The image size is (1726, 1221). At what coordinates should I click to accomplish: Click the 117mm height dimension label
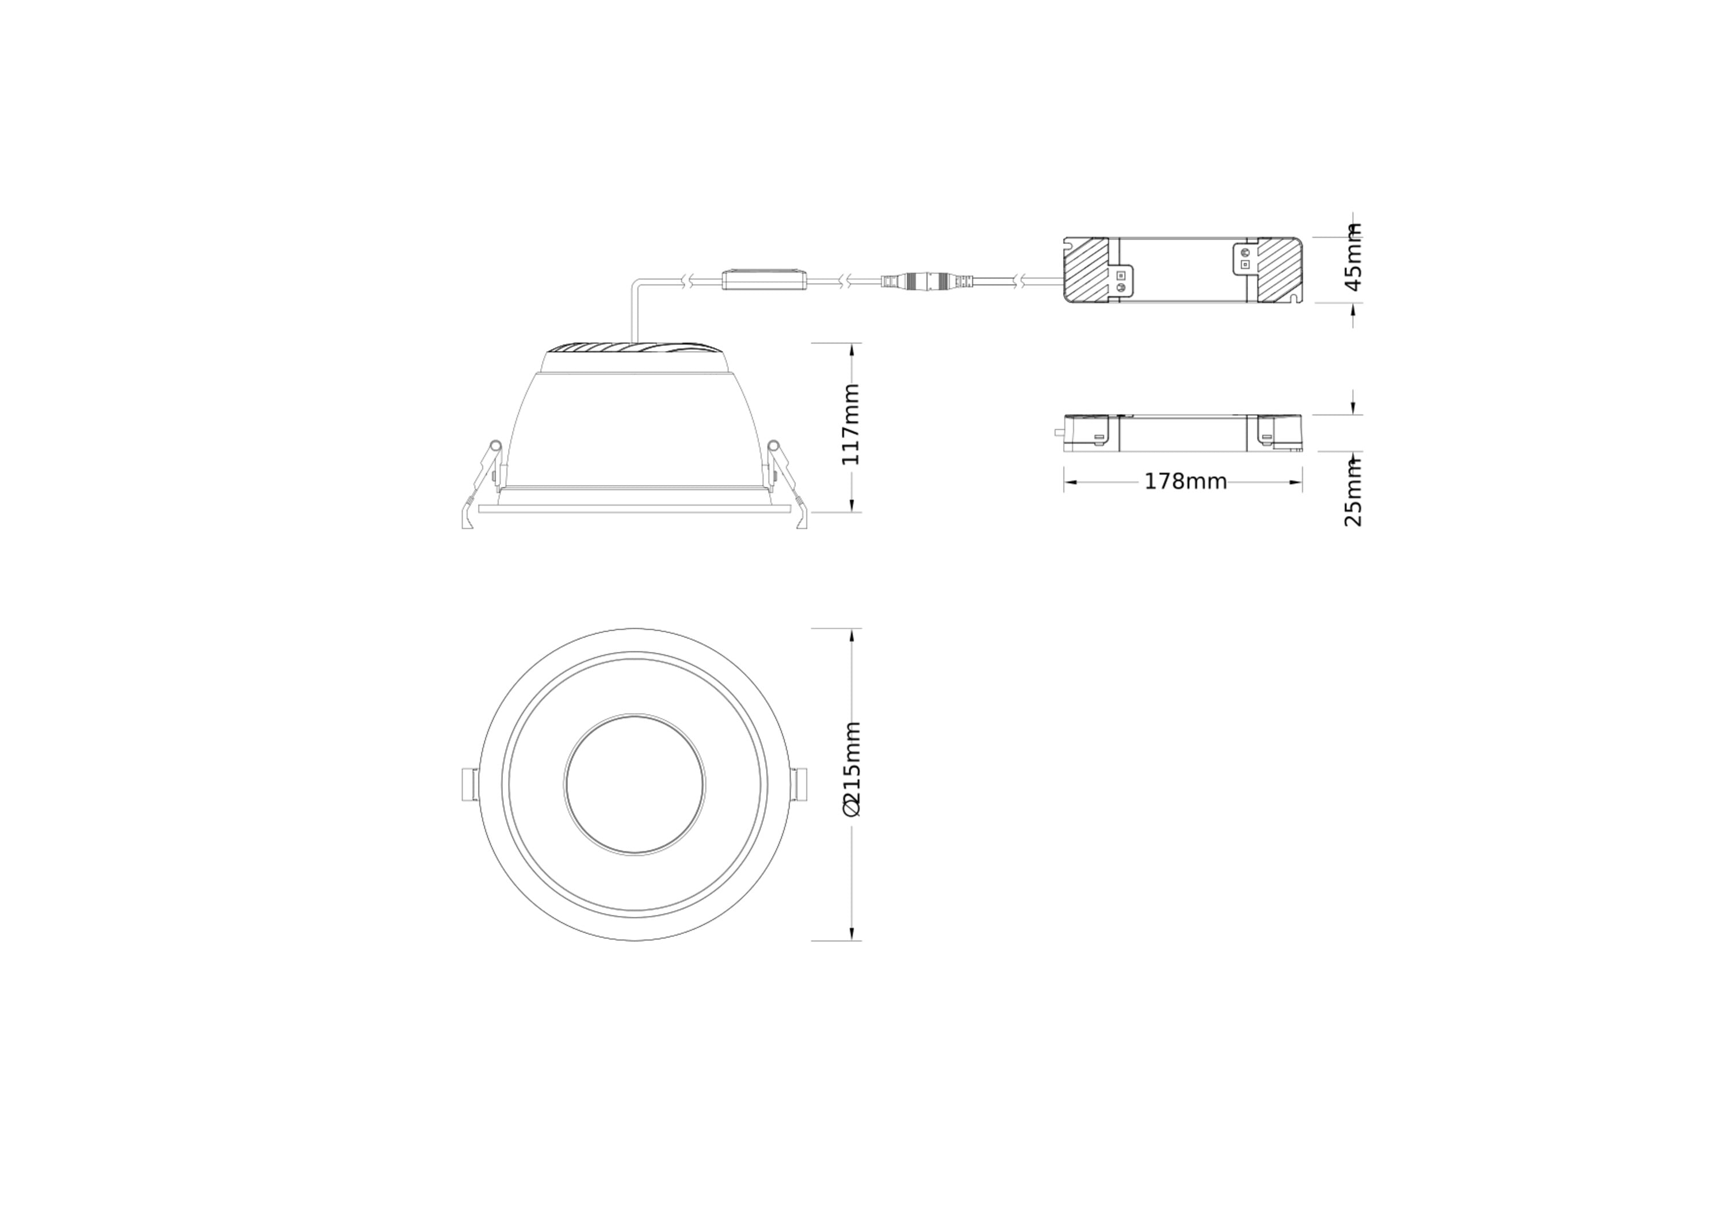coord(850,424)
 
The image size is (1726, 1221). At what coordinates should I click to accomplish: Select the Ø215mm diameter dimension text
coord(851,768)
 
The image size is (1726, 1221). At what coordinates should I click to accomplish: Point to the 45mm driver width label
coord(1353,257)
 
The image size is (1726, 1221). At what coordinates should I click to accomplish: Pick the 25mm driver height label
coord(1353,493)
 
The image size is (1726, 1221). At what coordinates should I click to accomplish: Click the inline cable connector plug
coord(927,282)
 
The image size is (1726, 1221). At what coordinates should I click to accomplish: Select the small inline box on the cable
coord(764,280)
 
